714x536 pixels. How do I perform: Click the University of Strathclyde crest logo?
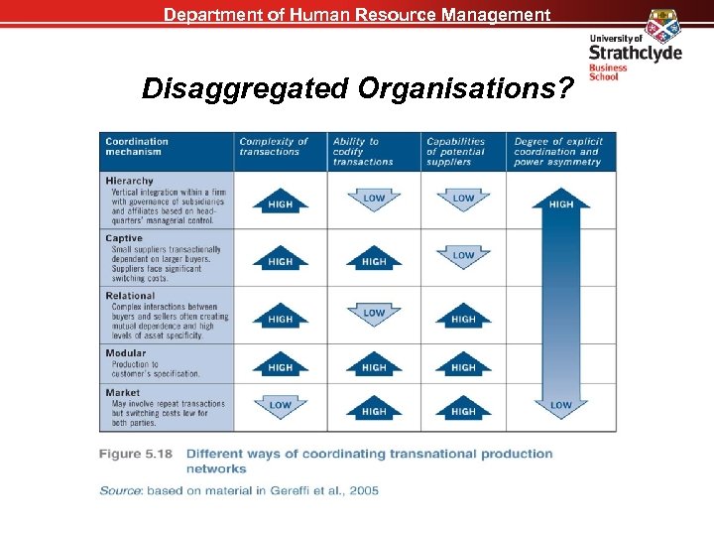click(661, 22)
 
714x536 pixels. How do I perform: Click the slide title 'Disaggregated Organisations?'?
click(358, 89)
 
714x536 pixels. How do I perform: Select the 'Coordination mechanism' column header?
click(137, 146)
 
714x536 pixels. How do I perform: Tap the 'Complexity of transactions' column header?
click(274, 146)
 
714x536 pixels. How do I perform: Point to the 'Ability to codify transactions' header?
click(363, 151)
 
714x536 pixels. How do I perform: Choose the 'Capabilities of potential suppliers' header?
click(456, 151)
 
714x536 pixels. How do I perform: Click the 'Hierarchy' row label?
click(130, 181)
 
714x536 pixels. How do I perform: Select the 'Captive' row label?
click(124, 238)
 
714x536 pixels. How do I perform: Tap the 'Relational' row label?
click(130, 296)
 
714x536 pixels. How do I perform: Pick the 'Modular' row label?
click(126, 353)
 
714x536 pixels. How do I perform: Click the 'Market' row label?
click(123, 393)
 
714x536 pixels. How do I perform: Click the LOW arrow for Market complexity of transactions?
click(281, 405)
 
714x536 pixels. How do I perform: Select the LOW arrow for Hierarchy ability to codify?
click(374, 199)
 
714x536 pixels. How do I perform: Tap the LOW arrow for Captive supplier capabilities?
click(463, 256)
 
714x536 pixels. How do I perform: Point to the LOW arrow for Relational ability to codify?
click(374, 314)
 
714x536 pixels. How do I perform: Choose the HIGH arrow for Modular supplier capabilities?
click(463, 366)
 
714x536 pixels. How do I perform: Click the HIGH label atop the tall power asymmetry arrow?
click(561, 203)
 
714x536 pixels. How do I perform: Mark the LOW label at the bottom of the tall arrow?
click(561, 405)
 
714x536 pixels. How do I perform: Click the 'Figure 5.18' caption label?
click(137, 454)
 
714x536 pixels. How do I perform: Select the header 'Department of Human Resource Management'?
click(357, 15)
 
